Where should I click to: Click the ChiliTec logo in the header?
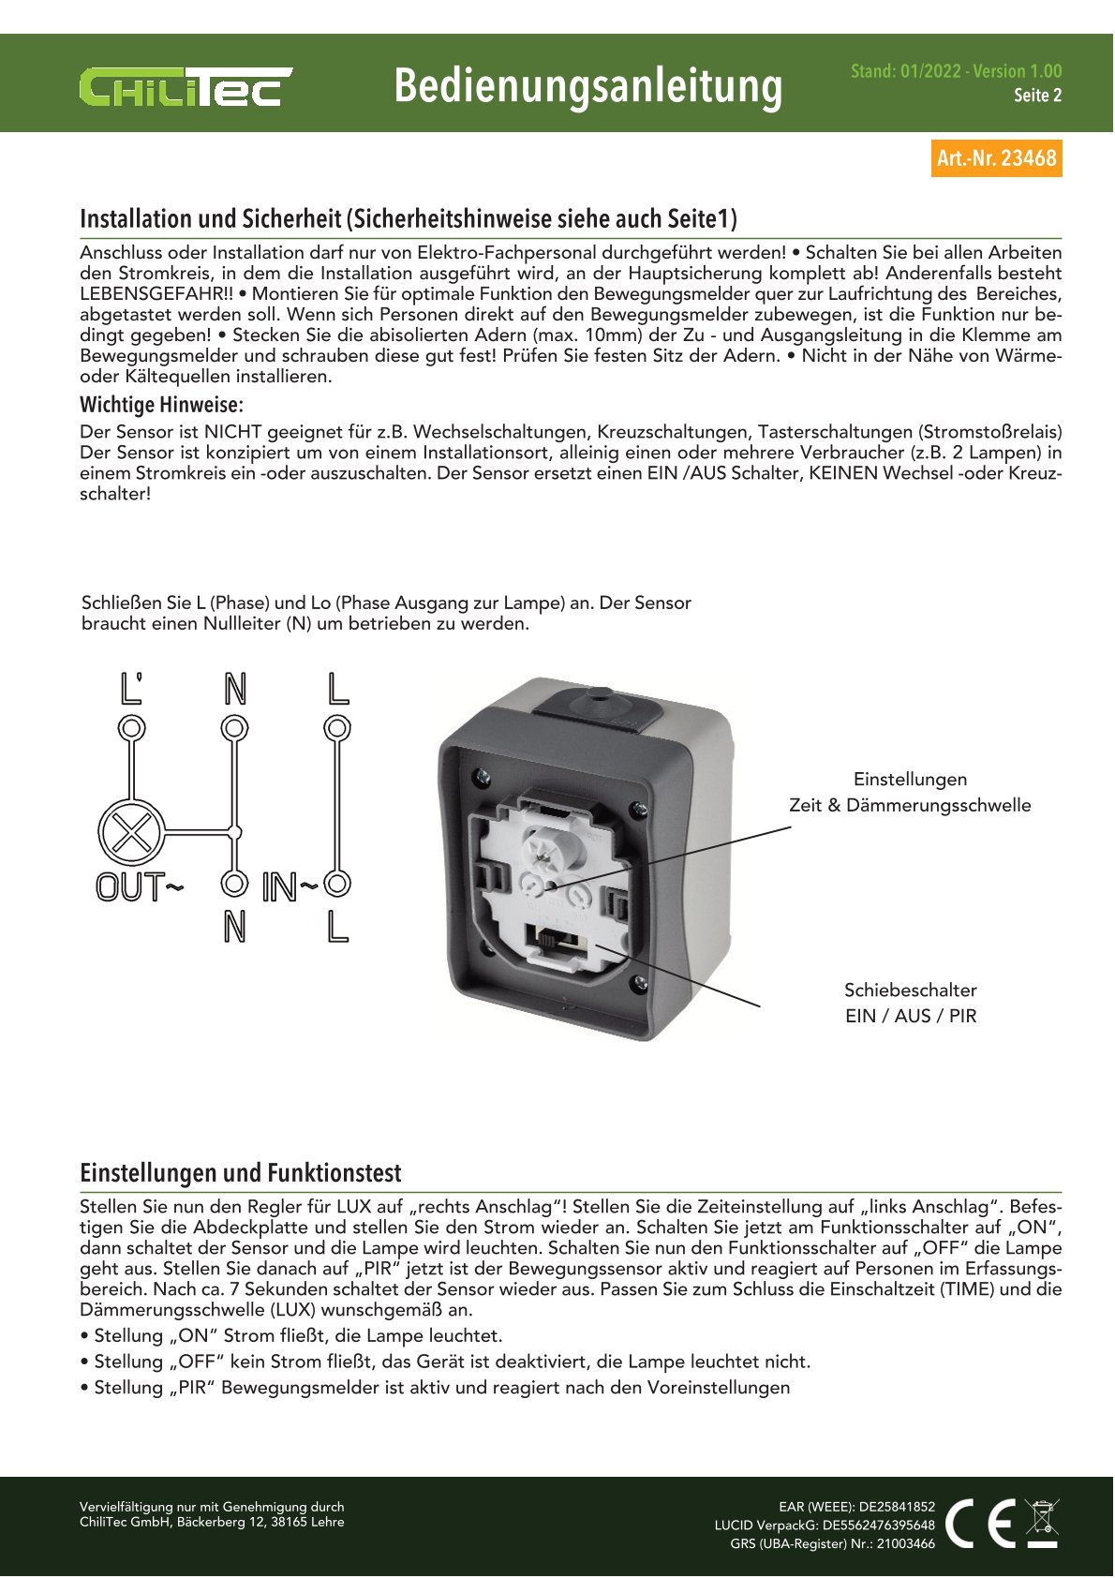186,86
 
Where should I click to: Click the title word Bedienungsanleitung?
587,86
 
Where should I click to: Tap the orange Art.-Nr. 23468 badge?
996,158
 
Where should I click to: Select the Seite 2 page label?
1037,96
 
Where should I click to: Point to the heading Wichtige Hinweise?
161,405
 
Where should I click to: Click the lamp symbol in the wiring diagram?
131,831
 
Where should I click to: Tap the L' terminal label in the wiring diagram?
132,689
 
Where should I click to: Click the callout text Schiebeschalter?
910,990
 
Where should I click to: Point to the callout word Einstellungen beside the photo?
910,780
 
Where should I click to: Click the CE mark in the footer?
981,1523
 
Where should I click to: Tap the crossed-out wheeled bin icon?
1042,1523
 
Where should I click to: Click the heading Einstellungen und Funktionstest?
240,1173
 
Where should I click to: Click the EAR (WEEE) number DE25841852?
897,1507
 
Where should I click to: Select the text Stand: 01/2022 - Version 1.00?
956,71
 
